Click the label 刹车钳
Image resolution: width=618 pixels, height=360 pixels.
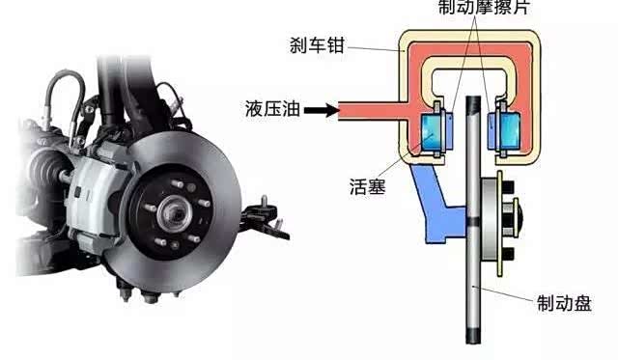pos(318,45)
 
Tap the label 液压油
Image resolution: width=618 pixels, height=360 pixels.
pos(272,108)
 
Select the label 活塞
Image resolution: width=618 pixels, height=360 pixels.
pos(367,186)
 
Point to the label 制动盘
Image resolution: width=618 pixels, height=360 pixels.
pos(564,303)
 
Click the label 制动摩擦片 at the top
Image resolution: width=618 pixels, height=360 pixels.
pos(484,7)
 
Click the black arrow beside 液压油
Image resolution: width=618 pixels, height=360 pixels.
pos(322,110)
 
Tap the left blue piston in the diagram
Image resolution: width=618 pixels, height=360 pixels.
pos(432,131)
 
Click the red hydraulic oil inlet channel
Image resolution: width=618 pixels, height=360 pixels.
pos(373,111)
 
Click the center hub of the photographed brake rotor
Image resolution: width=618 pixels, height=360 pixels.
pos(175,214)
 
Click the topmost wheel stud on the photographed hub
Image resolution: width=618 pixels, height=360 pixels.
pos(177,184)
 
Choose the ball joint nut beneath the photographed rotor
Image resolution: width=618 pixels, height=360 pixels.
pos(151,296)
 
